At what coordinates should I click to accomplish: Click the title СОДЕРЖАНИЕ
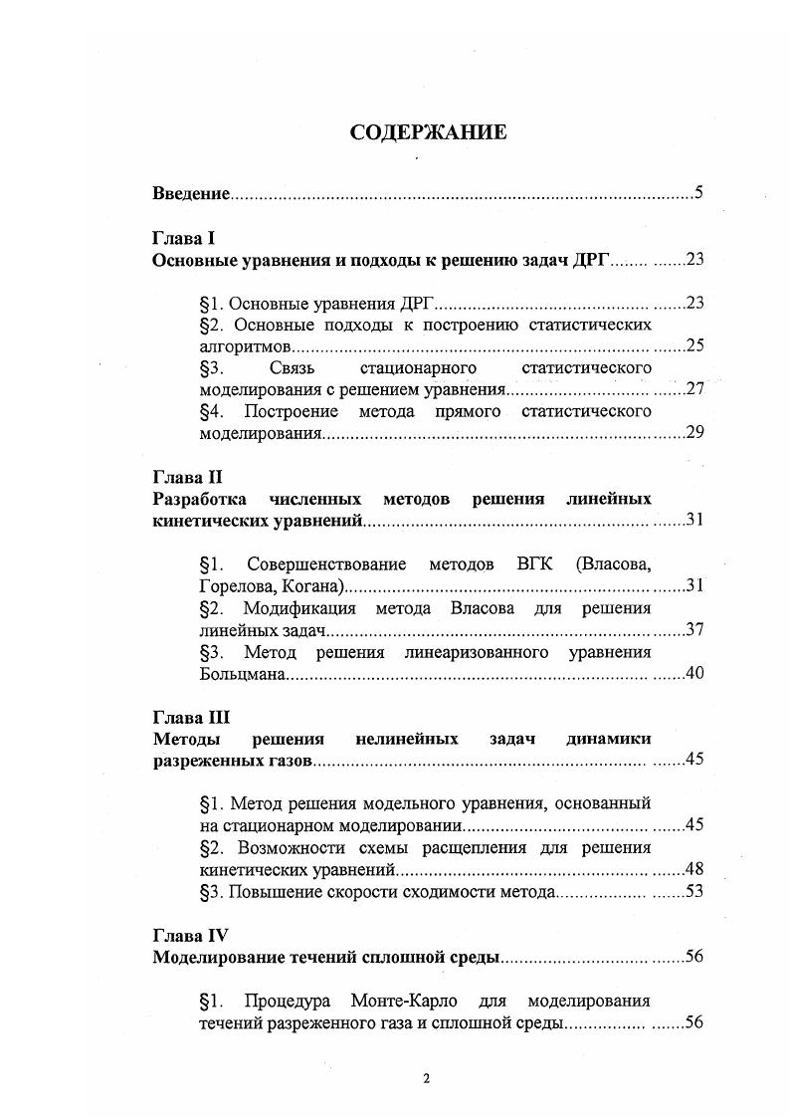click(x=428, y=132)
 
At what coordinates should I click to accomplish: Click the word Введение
click(x=191, y=193)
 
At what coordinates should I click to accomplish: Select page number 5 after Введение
click(x=699, y=193)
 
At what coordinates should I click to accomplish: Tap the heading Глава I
click(x=183, y=239)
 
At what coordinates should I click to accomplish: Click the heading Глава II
click(x=186, y=476)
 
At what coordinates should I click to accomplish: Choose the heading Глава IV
click(x=190, y=936)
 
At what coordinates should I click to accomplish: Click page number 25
click(x=694, y=346)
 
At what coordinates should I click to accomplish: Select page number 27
click(x=694, y=389)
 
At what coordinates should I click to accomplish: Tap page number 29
click(x=694, y=433)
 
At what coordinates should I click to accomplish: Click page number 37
click(x=694, y=630)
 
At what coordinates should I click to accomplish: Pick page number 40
click(x=694, y=674)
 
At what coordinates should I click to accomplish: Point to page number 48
click(x=694, y=869)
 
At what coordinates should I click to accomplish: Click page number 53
click(x=694, y=891)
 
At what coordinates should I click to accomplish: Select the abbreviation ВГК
click(x=535, y=564)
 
